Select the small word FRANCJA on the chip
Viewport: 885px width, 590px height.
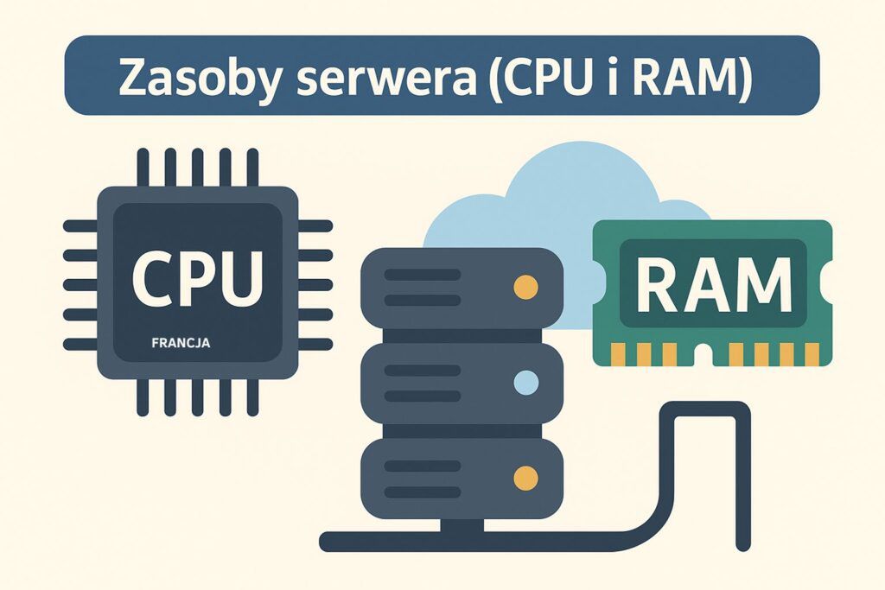pyautogui.click(x=181, y=343)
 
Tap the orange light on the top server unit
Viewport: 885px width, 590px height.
pyautogui.click(x=525, y=286)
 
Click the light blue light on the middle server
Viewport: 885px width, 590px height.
pyautogui.click(x=525, y=381)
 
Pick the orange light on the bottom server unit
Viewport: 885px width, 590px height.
pyautogui.click(x=525, y=477)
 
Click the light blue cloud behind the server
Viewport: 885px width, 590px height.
pyautogui.click(x=553, y=199)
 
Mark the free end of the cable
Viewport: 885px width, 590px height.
pyautogui.click(x=742, y=544)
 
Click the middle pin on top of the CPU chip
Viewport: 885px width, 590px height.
pyautogui.click(x=198, y=167)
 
